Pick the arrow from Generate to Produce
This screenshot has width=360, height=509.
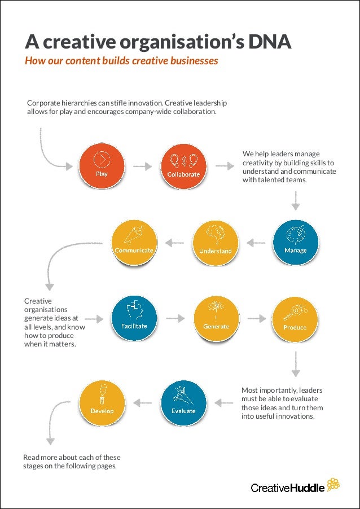tap(256, 319)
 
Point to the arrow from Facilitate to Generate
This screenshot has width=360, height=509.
tap(175, 319)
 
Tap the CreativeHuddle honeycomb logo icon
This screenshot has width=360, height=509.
tap(333, 484)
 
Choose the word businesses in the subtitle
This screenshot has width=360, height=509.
tap(193, 61)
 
